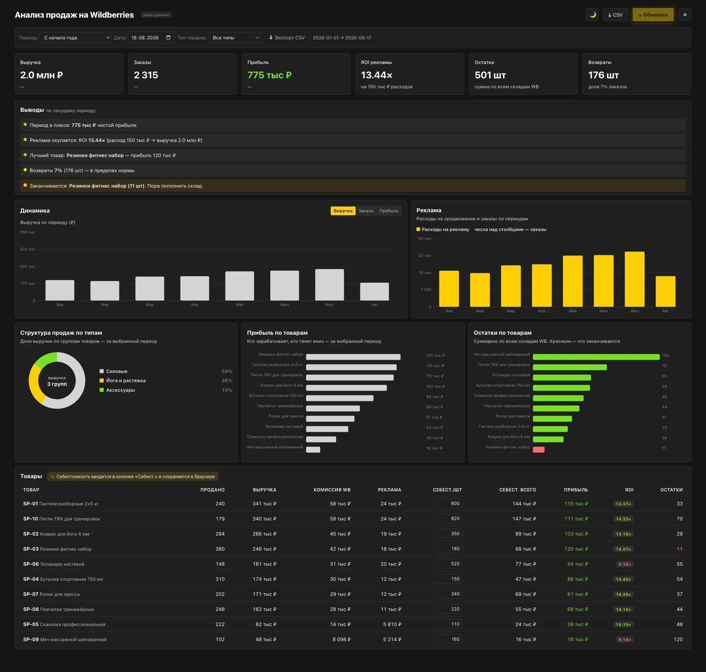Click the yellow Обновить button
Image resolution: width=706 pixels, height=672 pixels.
click(653, 15)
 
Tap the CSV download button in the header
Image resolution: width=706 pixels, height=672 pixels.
click(615, 15)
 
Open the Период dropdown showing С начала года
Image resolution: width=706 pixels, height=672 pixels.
click(75, 38)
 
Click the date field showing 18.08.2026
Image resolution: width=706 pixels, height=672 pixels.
click(151, 38)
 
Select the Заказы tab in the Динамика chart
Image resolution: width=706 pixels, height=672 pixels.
click(366, 211)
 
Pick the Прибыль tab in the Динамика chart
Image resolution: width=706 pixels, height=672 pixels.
click(389, 211)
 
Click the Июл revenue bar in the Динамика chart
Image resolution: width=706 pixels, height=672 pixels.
click(329, 285)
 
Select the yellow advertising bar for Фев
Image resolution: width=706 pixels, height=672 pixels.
click(480, 290)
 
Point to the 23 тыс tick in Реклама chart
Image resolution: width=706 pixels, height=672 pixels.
click(425, 255)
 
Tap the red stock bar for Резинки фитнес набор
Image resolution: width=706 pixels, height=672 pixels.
click(539, 449)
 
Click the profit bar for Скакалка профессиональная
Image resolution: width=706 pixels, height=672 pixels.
click(321, 439)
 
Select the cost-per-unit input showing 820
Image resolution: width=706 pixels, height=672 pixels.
click(448, 519)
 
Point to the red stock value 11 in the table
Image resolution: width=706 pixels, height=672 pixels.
click(680, 549)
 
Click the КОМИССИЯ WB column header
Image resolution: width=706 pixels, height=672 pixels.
click(332, 490)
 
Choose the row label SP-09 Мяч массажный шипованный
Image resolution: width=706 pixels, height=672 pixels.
click(65, 639)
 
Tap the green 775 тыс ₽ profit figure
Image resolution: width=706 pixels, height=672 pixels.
click(270, 75)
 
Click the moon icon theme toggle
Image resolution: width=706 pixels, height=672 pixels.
click(592, 15)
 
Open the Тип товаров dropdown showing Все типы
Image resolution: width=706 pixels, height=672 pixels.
click(234, 38)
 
